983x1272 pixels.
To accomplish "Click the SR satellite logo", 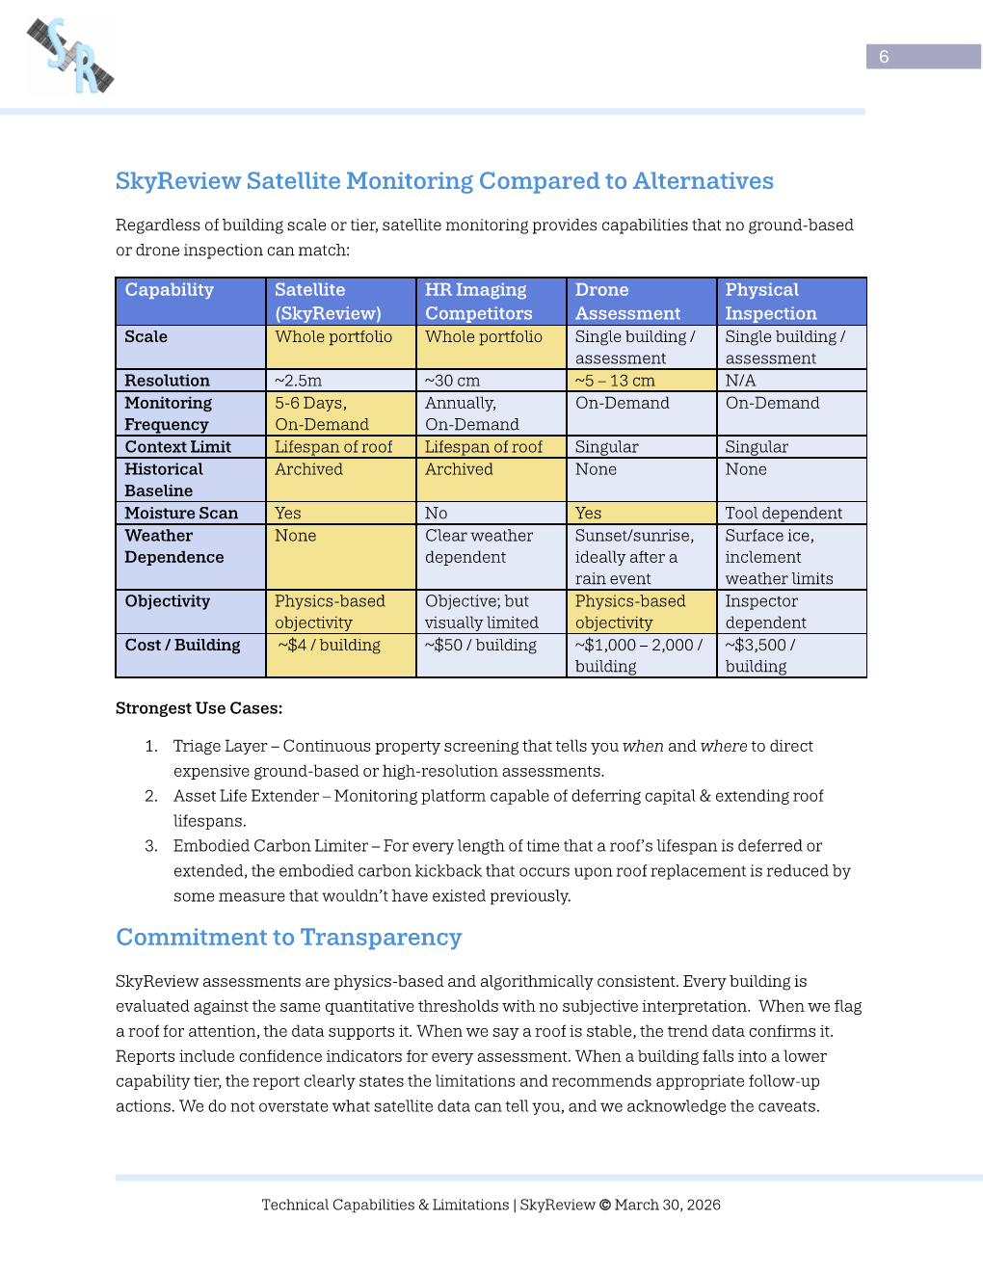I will [70, 56].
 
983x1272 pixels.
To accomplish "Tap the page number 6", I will [884, 57].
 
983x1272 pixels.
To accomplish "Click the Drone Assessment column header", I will [627, 302].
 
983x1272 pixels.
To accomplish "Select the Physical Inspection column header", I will [771, 302].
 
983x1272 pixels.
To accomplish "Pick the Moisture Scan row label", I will [181, 514].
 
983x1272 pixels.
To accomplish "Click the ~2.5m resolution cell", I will [299, 381].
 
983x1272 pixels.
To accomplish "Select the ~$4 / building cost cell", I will [330, 646].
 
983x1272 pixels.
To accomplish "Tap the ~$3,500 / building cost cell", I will [760, 655].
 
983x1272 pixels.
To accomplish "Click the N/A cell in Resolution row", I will [740, 381].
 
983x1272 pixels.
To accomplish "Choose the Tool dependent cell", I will [784, 514].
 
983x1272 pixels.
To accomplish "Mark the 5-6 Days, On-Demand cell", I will [322, 413].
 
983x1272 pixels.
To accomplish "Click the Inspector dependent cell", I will [766, 612].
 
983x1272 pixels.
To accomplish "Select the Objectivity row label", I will [168, 601].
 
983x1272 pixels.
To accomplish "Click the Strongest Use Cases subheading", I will [199, 708].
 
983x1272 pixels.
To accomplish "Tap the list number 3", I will [151, 846].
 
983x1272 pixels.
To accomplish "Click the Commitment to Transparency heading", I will [289, 938].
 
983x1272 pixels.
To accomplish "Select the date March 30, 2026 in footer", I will [668, 1205].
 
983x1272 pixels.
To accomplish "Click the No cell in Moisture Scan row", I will [437, 514].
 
